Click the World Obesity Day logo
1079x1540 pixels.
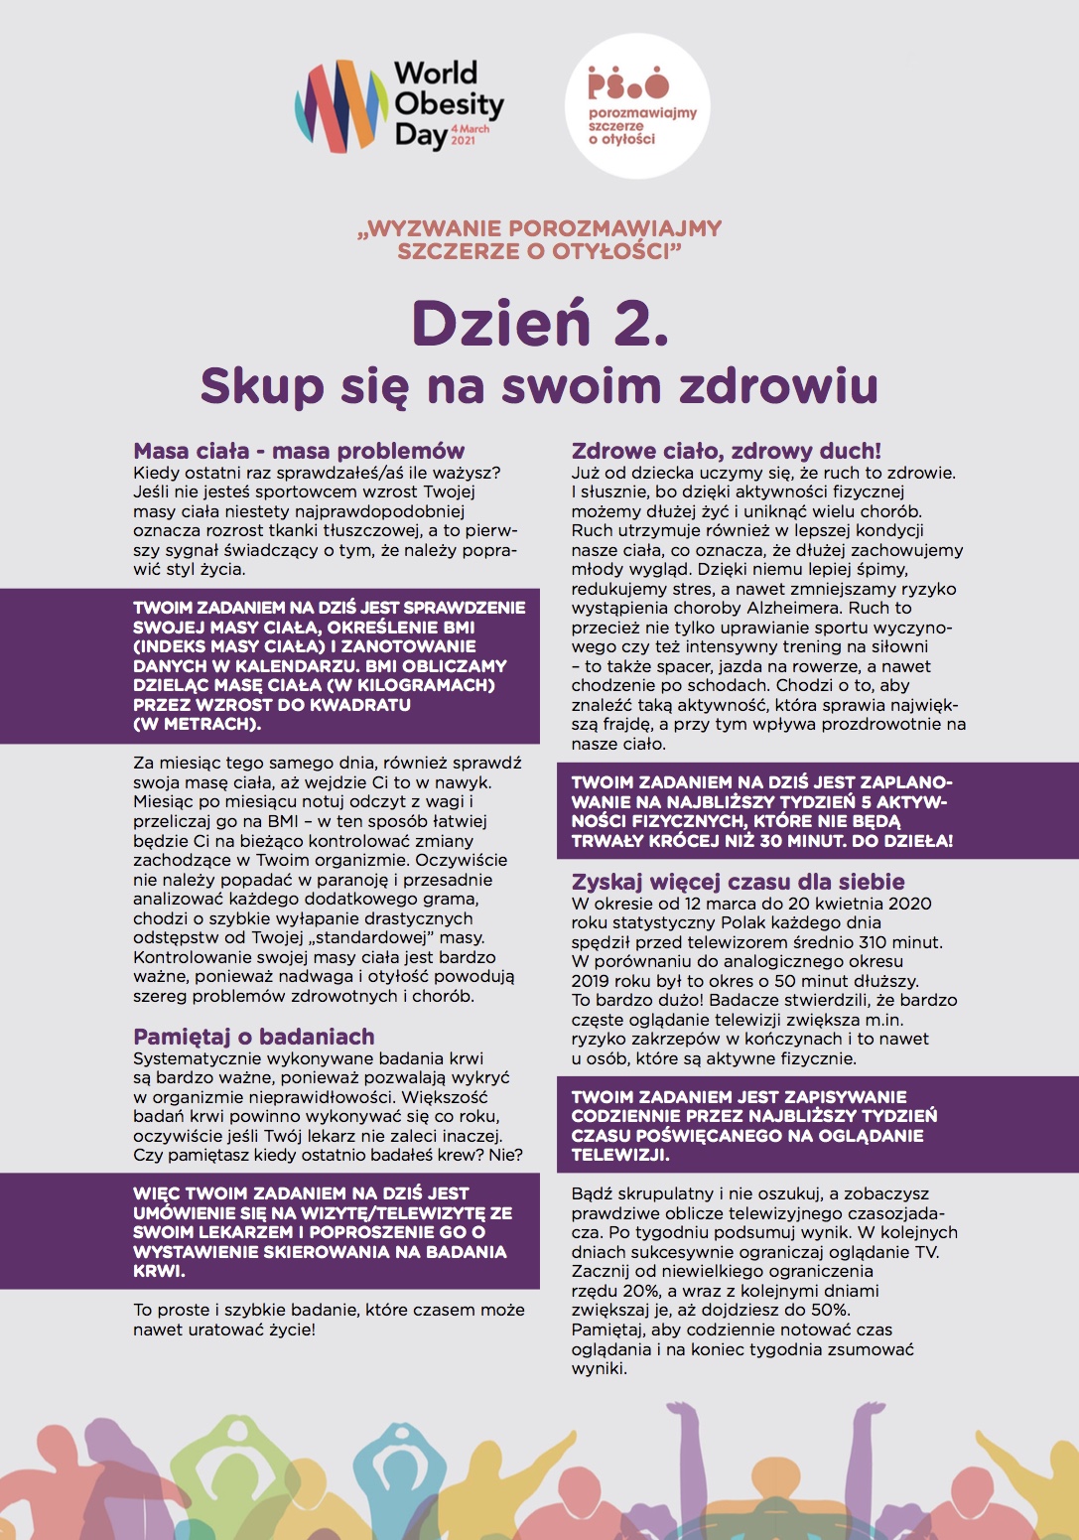[399, 105]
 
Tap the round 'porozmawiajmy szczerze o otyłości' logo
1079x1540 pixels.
[637, 106]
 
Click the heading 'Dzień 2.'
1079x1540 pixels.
[539, 323]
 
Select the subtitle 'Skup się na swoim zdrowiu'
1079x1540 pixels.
[539, 385]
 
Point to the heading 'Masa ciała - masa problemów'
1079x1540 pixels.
[299, 451]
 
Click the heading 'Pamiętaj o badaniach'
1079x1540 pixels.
[254, 1037]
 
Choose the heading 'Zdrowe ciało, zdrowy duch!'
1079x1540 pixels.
[726, 451]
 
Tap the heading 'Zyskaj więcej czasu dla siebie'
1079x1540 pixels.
[738, 882]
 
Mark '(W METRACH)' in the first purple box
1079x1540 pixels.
[198, 724]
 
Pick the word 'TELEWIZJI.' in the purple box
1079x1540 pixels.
[620, 1155]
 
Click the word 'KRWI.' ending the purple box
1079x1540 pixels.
[160, 1271]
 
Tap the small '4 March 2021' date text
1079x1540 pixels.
[470, 135]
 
